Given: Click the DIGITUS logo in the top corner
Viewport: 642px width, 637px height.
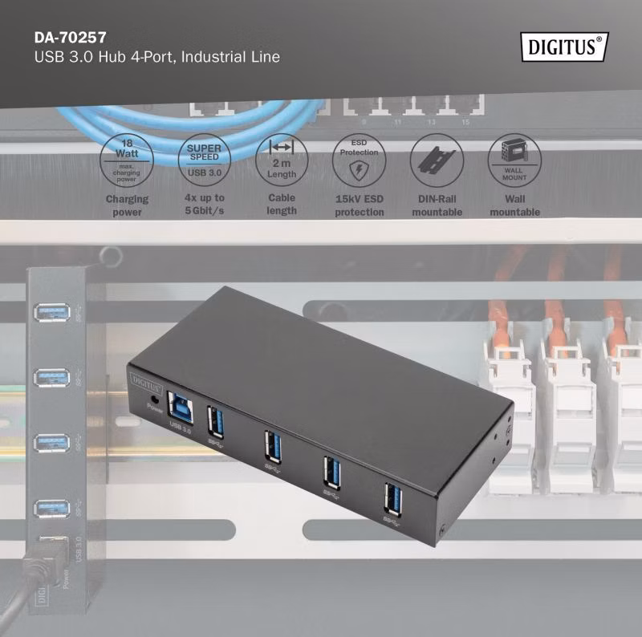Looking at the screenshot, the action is tap(564, 47).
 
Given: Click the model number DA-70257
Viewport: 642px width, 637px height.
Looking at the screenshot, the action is tap(71, 38).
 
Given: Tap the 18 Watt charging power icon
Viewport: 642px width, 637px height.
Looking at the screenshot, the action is tap(127, 160).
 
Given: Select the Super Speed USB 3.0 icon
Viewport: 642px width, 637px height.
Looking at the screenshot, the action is tap(205, 160).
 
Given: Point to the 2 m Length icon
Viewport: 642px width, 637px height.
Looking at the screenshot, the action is tap(282, 160).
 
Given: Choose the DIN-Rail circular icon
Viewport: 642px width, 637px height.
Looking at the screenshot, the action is tap(437, 160).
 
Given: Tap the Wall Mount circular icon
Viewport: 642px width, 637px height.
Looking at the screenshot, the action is tap(514, 160).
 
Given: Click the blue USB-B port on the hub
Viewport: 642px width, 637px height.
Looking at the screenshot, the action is tap(181, 408).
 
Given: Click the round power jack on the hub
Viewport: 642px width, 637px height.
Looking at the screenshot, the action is tap(155, 399).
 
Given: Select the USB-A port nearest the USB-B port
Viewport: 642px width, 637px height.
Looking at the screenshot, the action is tap(215, 422).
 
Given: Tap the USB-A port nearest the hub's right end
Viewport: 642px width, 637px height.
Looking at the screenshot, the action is tap(392, 499).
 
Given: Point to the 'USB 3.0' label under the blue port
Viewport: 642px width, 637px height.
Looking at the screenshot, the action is tap(180, 428).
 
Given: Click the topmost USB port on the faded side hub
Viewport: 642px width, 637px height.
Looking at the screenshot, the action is tap(51, 312).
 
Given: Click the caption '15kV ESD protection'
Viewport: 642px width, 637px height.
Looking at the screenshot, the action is tap(360, 205).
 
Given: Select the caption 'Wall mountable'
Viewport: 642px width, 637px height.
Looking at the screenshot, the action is tap(515, 205).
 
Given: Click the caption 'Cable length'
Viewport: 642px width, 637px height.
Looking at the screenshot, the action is tap(282, 204).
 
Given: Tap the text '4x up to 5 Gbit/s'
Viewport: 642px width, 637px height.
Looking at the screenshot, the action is tap(205, 204).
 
